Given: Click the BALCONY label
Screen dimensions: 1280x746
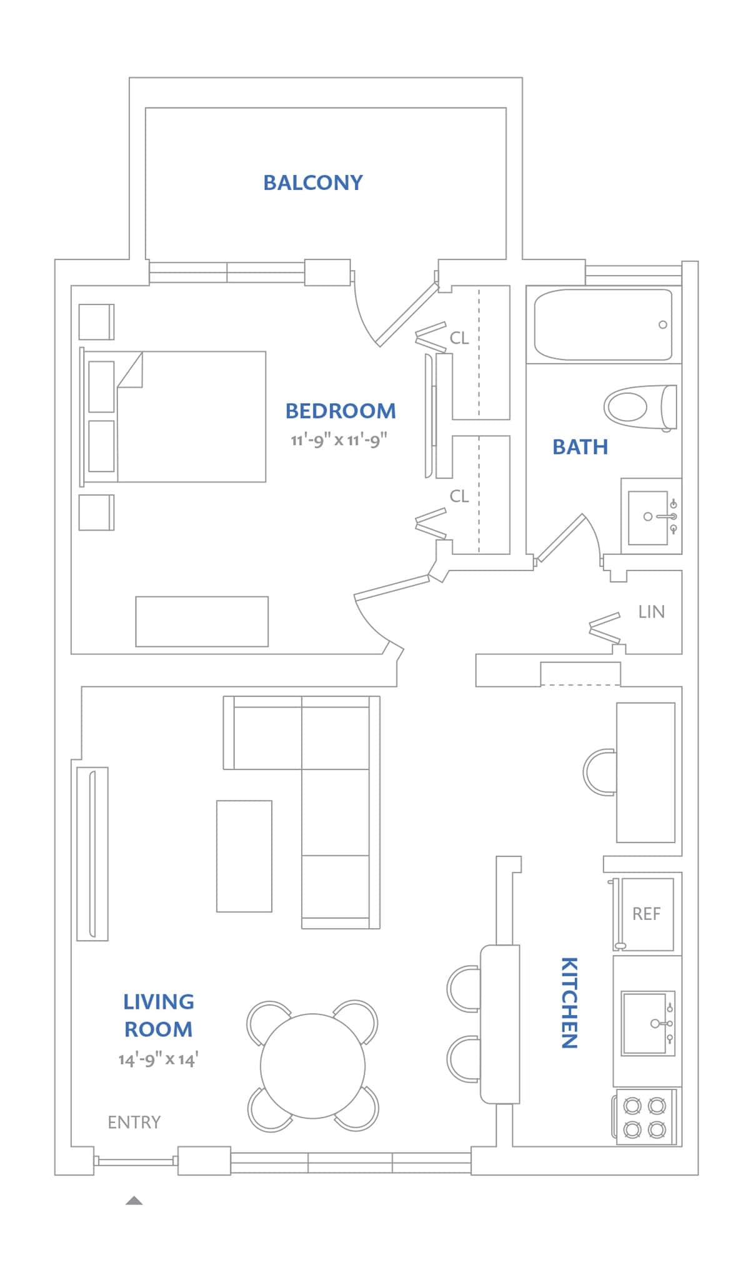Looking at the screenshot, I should tap(312, 182).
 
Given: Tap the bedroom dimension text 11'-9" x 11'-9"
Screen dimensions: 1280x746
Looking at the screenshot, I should tap(339, 440).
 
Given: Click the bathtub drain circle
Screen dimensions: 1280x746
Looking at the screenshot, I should tap(662, 324).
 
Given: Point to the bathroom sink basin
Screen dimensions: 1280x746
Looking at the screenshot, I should tap(647, 517).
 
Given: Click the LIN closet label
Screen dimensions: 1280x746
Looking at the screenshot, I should tap(651, 612).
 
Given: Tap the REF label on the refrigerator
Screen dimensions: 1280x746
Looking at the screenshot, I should tap(646, 914).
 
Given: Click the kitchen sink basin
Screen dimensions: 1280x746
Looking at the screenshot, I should tap(644, 1022).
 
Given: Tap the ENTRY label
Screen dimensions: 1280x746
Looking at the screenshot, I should tap(134, 1122).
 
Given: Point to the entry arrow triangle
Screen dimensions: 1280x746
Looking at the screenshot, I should tap(134, 1201).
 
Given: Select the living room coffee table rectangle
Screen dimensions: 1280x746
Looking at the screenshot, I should tap(244, 856).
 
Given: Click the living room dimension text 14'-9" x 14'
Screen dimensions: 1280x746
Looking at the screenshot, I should tap(158, 1059).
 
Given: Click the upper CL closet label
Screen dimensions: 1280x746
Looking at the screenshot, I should tap(459, 338).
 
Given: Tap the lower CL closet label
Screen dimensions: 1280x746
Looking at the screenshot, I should tap(459, 496).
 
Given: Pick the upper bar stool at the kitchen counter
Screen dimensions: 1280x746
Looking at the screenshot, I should tap(463, 989).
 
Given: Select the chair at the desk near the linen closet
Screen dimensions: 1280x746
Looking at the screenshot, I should tap(599, 772).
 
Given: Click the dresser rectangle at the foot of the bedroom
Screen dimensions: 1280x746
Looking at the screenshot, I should tap(202, 621).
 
